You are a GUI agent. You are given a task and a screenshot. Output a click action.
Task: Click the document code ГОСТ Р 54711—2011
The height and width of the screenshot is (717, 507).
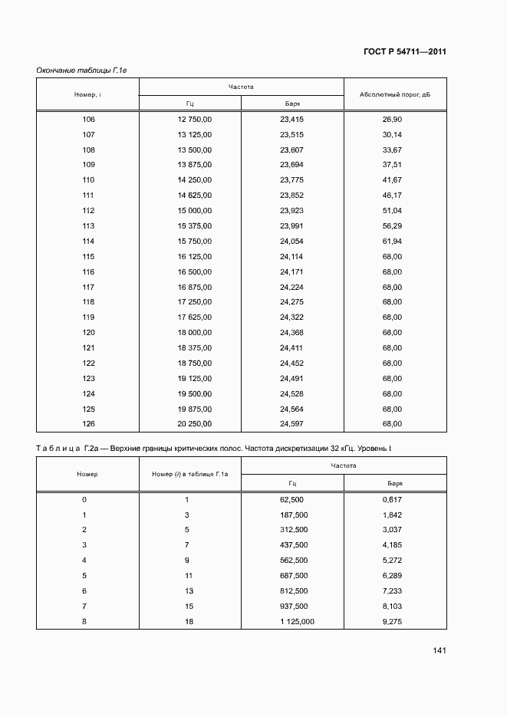[x=404, y=52]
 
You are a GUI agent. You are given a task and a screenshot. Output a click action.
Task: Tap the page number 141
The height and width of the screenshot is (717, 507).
[x=440, y=650]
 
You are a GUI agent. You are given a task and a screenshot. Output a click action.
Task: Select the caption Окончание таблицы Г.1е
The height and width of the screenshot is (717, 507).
[x=81, y=71]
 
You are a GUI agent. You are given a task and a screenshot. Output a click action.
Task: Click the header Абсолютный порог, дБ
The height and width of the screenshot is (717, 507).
[x=395, y=94]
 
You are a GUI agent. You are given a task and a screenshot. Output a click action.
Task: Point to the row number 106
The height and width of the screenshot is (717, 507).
[x=88, y=120]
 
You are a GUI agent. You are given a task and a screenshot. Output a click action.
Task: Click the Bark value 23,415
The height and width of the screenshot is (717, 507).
[x=292, y=120]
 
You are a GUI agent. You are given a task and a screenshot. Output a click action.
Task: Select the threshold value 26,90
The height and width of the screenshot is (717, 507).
[x=392, y=120]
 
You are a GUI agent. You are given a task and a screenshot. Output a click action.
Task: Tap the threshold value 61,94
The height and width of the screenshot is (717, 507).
[x=392, y=241]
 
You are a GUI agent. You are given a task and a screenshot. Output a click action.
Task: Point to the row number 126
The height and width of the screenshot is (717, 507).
[x=88, y=423]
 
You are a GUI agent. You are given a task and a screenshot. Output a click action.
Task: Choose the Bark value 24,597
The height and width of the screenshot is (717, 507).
[x=292, y=423]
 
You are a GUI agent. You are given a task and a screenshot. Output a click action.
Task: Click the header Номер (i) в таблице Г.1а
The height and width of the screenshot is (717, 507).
[x=190, y=474]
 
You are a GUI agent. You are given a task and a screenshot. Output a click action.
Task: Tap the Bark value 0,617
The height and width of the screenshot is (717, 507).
[x=392, y=499]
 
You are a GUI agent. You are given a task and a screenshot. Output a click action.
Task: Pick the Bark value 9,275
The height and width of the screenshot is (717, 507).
[x=392, y=621]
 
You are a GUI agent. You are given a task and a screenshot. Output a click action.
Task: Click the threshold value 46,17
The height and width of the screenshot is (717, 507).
[x=392, y=196]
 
